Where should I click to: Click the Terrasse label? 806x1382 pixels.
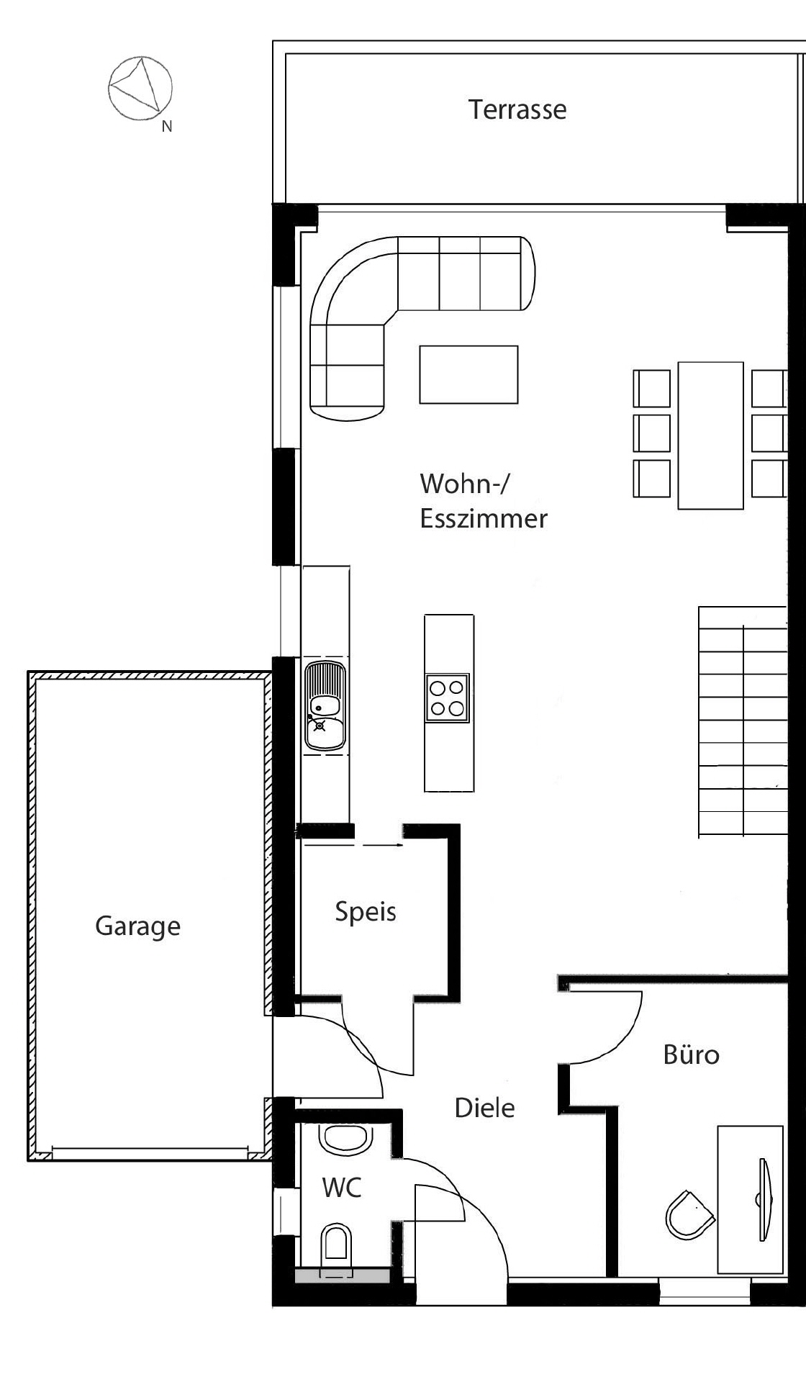click(517, 109)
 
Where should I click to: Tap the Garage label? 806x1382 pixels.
click(137, 926)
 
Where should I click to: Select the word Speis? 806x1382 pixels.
click(366, 912)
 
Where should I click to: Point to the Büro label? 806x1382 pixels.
click(691, 1054)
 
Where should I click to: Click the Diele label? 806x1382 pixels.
click(484, 1108)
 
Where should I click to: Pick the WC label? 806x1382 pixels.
click(342, 1188)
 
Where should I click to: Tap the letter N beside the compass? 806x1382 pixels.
click(167, 127)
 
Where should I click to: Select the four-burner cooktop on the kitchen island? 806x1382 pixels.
click(447, 697)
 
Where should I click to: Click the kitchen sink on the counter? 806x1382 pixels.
click(325, 706)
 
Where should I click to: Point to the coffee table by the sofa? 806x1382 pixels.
click(468, 374)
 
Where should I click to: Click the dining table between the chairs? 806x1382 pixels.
click(710, 435)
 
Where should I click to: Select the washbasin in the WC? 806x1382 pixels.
click(345, 1139)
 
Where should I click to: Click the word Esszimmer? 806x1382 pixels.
click(484, 519)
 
